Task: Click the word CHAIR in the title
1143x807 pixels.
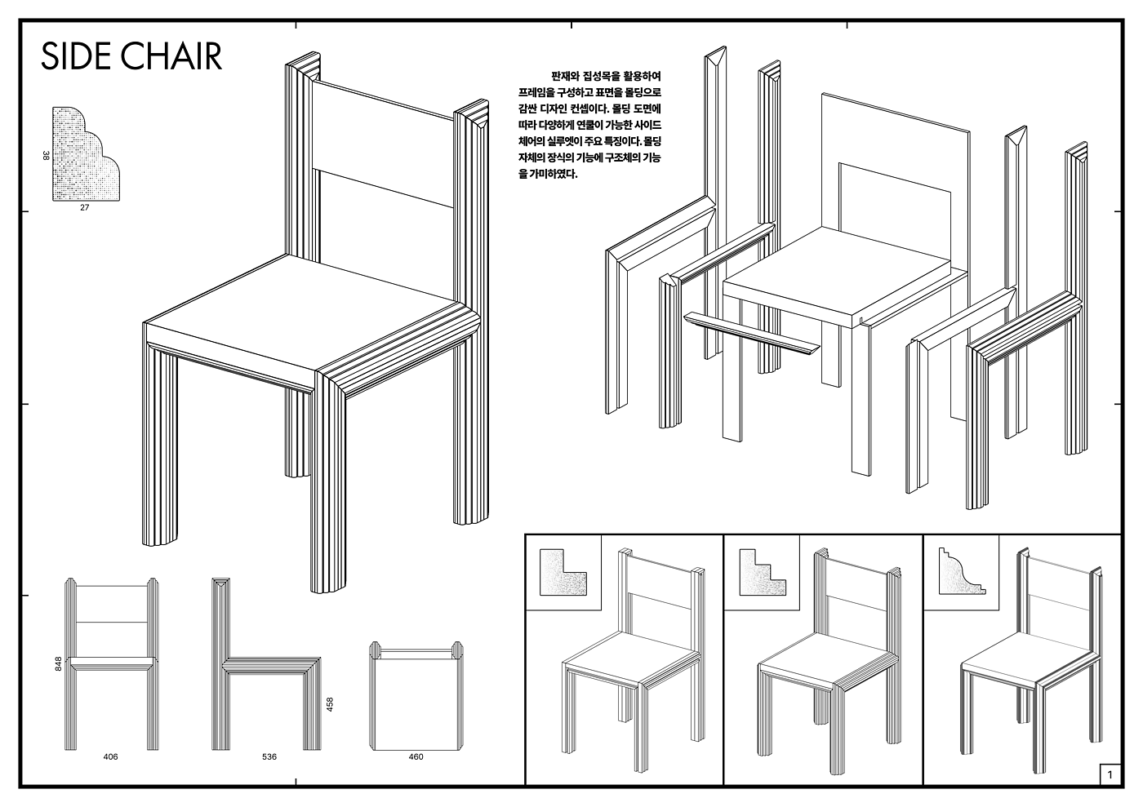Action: (x=170, y=56)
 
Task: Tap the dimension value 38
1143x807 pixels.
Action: (x=46, y=156)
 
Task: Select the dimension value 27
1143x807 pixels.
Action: (x=85, y=207)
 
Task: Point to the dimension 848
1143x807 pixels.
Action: (x=58, y=663)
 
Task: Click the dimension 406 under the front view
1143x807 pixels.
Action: (x=110, y=757)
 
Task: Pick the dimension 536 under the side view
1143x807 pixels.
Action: (x=269, y=757)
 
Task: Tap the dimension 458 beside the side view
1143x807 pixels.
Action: (x=330, y=704)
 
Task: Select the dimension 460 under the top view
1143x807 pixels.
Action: (x=416, y=757)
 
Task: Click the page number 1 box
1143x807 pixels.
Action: (x=1110, y=775)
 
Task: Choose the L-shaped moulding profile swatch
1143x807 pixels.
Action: (x=563, y=572)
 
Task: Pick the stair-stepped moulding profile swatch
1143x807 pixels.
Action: (x=763, y=572)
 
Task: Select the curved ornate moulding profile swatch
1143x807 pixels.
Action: (x=962, y=571)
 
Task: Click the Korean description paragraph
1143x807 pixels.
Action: (x=589, y=125)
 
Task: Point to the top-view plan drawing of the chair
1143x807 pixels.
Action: (x=416, y=696)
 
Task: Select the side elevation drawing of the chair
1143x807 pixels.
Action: (x=266, y=664)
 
